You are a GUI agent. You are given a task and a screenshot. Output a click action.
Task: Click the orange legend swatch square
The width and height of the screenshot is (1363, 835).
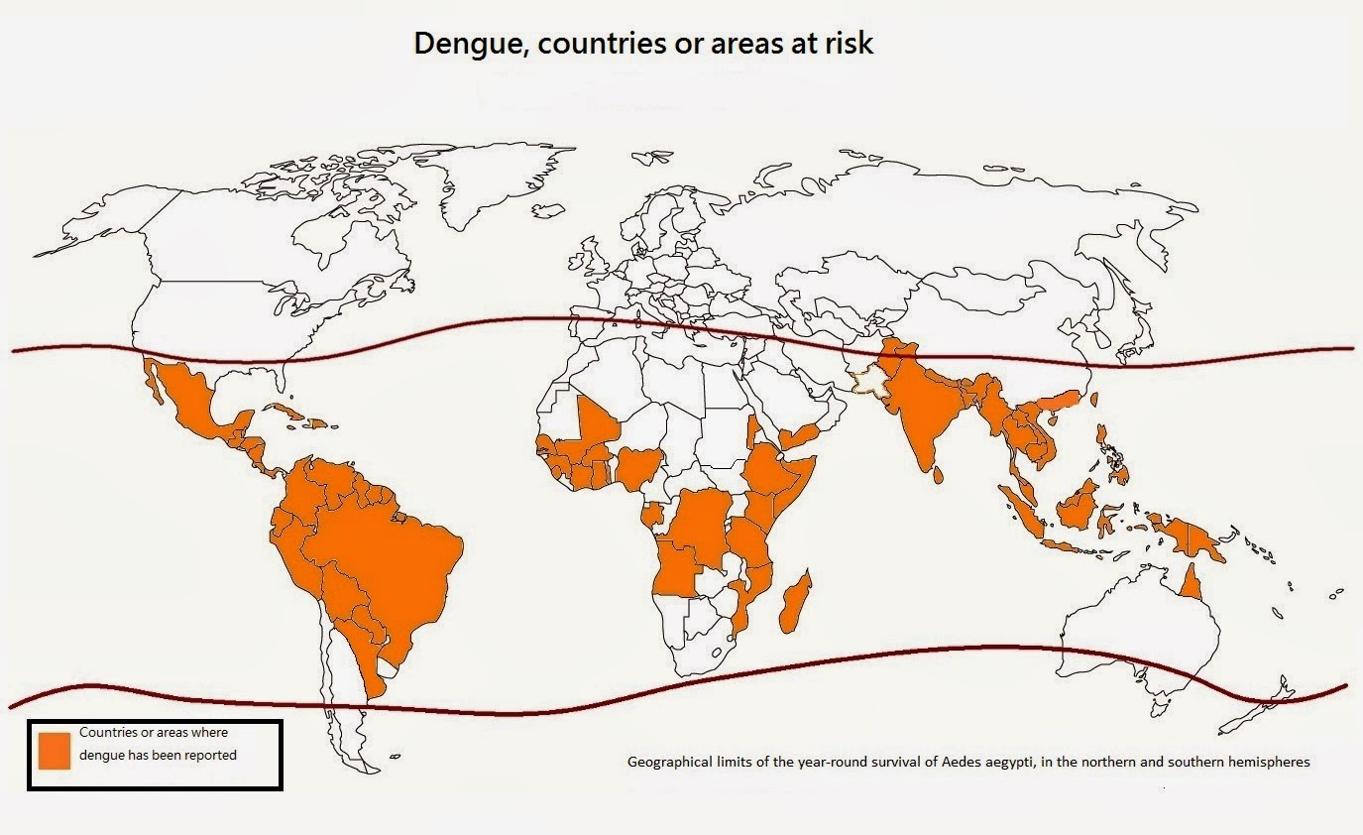click(x=55, y=750)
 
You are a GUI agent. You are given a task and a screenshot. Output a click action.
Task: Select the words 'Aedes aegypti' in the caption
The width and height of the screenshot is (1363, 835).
click(x=972, y=763)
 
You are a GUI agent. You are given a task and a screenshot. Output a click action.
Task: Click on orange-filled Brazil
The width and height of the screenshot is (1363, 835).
click(x=397, y=555)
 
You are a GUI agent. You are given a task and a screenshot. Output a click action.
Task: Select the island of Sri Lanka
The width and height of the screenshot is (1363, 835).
click(x=938, y=478)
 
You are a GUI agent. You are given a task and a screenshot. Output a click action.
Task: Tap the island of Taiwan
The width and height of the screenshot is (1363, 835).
click(x=1094, y=399)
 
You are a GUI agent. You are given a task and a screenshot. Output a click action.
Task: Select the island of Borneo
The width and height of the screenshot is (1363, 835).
click(x=1076, y=507)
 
